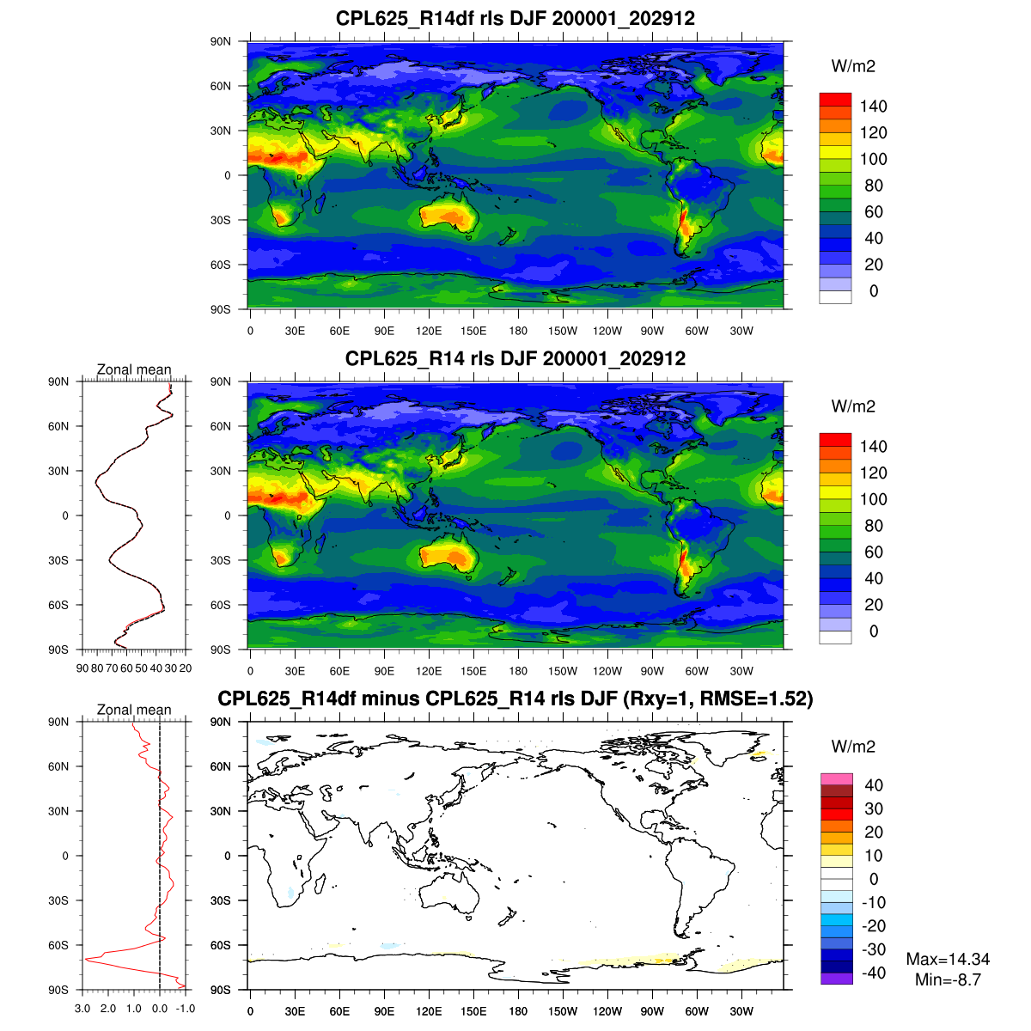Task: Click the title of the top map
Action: tap(515, 18)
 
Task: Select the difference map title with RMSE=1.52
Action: tap(515, 699)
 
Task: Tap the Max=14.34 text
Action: tap(948, 960)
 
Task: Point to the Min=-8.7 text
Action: tap(948, 979)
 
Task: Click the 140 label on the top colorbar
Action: tap(873, 107)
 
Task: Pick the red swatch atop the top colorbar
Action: tap(835, 99)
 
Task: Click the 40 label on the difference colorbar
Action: tap(873, 785)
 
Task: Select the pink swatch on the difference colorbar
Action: tap(835, 778)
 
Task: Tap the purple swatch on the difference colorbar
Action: tap(835, 978)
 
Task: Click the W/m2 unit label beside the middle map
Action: tap(853, 406)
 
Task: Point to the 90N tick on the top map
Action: tap(221, 41)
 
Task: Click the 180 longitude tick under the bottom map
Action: tap(518, 1011)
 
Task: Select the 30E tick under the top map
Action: tap(295, 331)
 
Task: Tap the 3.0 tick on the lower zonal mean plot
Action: tap(82, 1009)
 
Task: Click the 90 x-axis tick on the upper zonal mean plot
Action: tap(82, 668)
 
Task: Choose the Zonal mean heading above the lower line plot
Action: tap(134, 710)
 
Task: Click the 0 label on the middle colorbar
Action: tap(873, 631)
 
